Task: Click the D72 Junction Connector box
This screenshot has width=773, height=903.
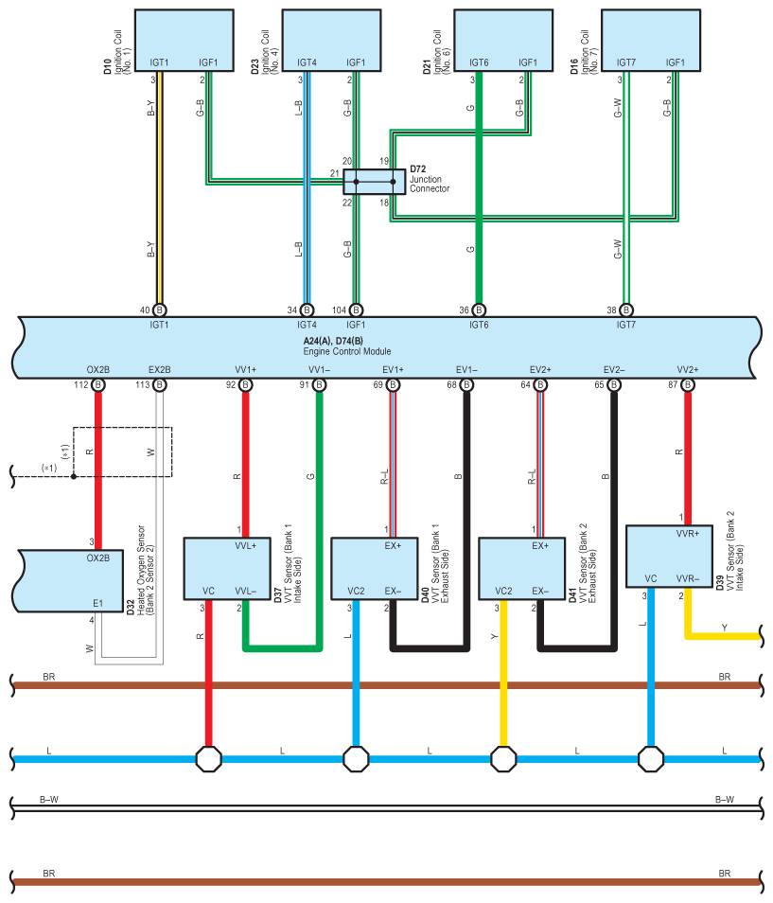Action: tap(374, 182)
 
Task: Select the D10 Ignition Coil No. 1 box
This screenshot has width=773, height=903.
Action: tap(184, 41)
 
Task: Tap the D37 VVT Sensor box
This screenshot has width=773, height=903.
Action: tap(227, 569)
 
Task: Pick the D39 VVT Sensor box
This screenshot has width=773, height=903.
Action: tap(669, 557)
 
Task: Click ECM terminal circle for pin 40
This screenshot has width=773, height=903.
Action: tap(160, 310)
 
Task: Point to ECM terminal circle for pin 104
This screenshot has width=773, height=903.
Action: tap(357, 310)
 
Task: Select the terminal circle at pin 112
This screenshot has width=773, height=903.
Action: tap(98, 384)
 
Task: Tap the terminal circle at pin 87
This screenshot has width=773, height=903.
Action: tap(687, 384)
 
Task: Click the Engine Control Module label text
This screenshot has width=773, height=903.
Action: tap(347, 351)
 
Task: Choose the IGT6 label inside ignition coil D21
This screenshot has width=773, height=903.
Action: tap(479, 62)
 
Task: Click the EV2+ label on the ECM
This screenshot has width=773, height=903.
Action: tap(540, 370)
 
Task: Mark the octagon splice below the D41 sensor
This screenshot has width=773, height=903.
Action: tap(503, 759)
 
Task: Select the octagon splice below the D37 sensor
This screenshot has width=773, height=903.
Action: tap(208, 759)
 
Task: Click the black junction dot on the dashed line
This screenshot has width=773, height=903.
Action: tap(74, 476)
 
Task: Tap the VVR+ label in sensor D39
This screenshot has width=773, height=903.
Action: tap(688, 534)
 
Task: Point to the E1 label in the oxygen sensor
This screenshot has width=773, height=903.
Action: tap(97, 603)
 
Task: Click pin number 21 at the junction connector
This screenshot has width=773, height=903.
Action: tap(334, 173)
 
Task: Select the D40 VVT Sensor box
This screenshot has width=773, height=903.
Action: tap(375, 569)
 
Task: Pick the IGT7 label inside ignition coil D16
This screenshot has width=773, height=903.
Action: tap(626, 62)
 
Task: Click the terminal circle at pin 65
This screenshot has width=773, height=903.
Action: tap(614, 384)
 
